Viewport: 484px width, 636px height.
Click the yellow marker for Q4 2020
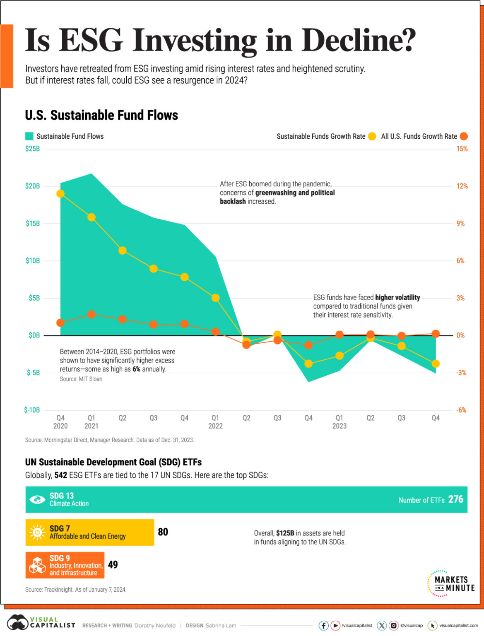[60, 194]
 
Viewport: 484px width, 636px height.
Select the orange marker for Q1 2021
[92, 315]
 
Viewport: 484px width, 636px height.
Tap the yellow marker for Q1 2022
[215, 298]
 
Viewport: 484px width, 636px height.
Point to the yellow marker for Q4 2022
[308, 364]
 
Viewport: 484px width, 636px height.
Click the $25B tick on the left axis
[32, 149]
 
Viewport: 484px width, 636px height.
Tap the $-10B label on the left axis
[32, 410]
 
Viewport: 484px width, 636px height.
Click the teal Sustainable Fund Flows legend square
[29, 136]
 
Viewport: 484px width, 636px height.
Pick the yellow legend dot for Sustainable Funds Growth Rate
[372, 136]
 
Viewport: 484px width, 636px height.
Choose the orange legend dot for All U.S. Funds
[464, 136]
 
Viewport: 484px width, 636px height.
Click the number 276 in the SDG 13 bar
[456, 499]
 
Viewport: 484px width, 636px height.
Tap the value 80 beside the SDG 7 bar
[163, 532]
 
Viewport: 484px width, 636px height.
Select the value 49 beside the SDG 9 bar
[113, 565]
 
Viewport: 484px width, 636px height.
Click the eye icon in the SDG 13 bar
[37, 500]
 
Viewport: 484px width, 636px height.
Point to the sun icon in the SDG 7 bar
[37, 532]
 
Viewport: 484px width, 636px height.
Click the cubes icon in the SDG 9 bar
[37, 565]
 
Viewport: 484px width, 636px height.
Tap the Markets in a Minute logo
[451, 583]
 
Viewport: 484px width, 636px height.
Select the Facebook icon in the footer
[323, 625]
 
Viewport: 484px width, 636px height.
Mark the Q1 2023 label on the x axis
[340, 422]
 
